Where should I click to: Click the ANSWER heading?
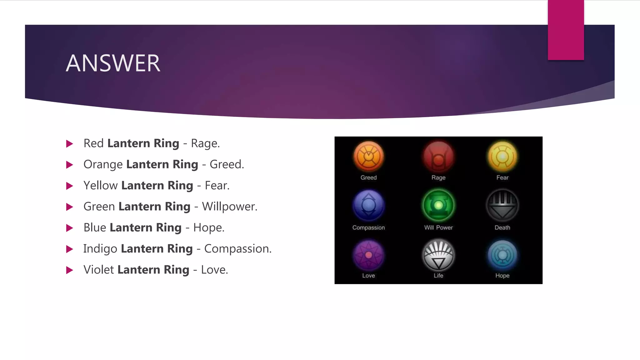pyautogui.click(x=113, y=63)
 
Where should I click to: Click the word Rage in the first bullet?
pyautogui.click(x=205, y=143)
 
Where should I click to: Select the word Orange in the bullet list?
pyautogui.click(x=103, y=164)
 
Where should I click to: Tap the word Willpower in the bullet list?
pyautogui.click(x=229, y=207)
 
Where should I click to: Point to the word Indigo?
pyautogui.click(x=100, y=249)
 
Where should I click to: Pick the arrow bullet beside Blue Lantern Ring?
pyautogui.click(x=70, y=228)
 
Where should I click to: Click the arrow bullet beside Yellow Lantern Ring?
pyautogui.click(x=70, y=186)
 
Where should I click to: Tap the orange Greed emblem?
pyautogui.click(x=368, y=157)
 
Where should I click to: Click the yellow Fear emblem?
pyautogui.click(x=502, y=157)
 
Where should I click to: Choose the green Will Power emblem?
pyautogui.click(x=438, y=206)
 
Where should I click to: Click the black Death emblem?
pyautogui.click(x=502, y=205)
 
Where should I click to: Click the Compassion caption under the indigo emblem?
pyautogui.click(x=368, y=228)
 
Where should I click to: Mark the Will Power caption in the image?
pyautogui.click(x=438, y=228)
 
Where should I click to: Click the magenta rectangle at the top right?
pyautogui.click(x=566, y=30)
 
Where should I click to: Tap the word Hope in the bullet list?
pyautogui.click(x=208, y=228)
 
